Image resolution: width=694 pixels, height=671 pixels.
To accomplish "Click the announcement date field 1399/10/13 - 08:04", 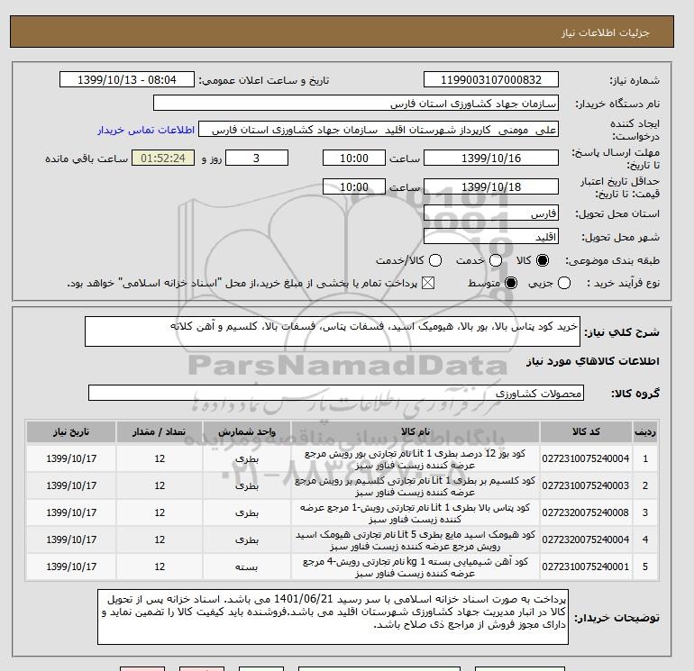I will (126, 80).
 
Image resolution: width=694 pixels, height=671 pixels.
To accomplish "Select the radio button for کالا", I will (542, 260).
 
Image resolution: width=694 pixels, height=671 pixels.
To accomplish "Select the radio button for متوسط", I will (512, 283).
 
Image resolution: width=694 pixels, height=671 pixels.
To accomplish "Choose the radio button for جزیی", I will (565, 283).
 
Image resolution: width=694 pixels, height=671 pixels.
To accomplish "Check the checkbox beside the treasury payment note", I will (427, 283).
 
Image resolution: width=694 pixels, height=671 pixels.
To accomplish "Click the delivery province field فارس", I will (490, 214).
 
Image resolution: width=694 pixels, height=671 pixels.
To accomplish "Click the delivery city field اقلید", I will (490, 237).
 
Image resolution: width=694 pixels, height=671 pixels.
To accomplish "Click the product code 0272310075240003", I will (586, 485).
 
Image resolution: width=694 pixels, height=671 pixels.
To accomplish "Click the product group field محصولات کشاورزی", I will (337, 393).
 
